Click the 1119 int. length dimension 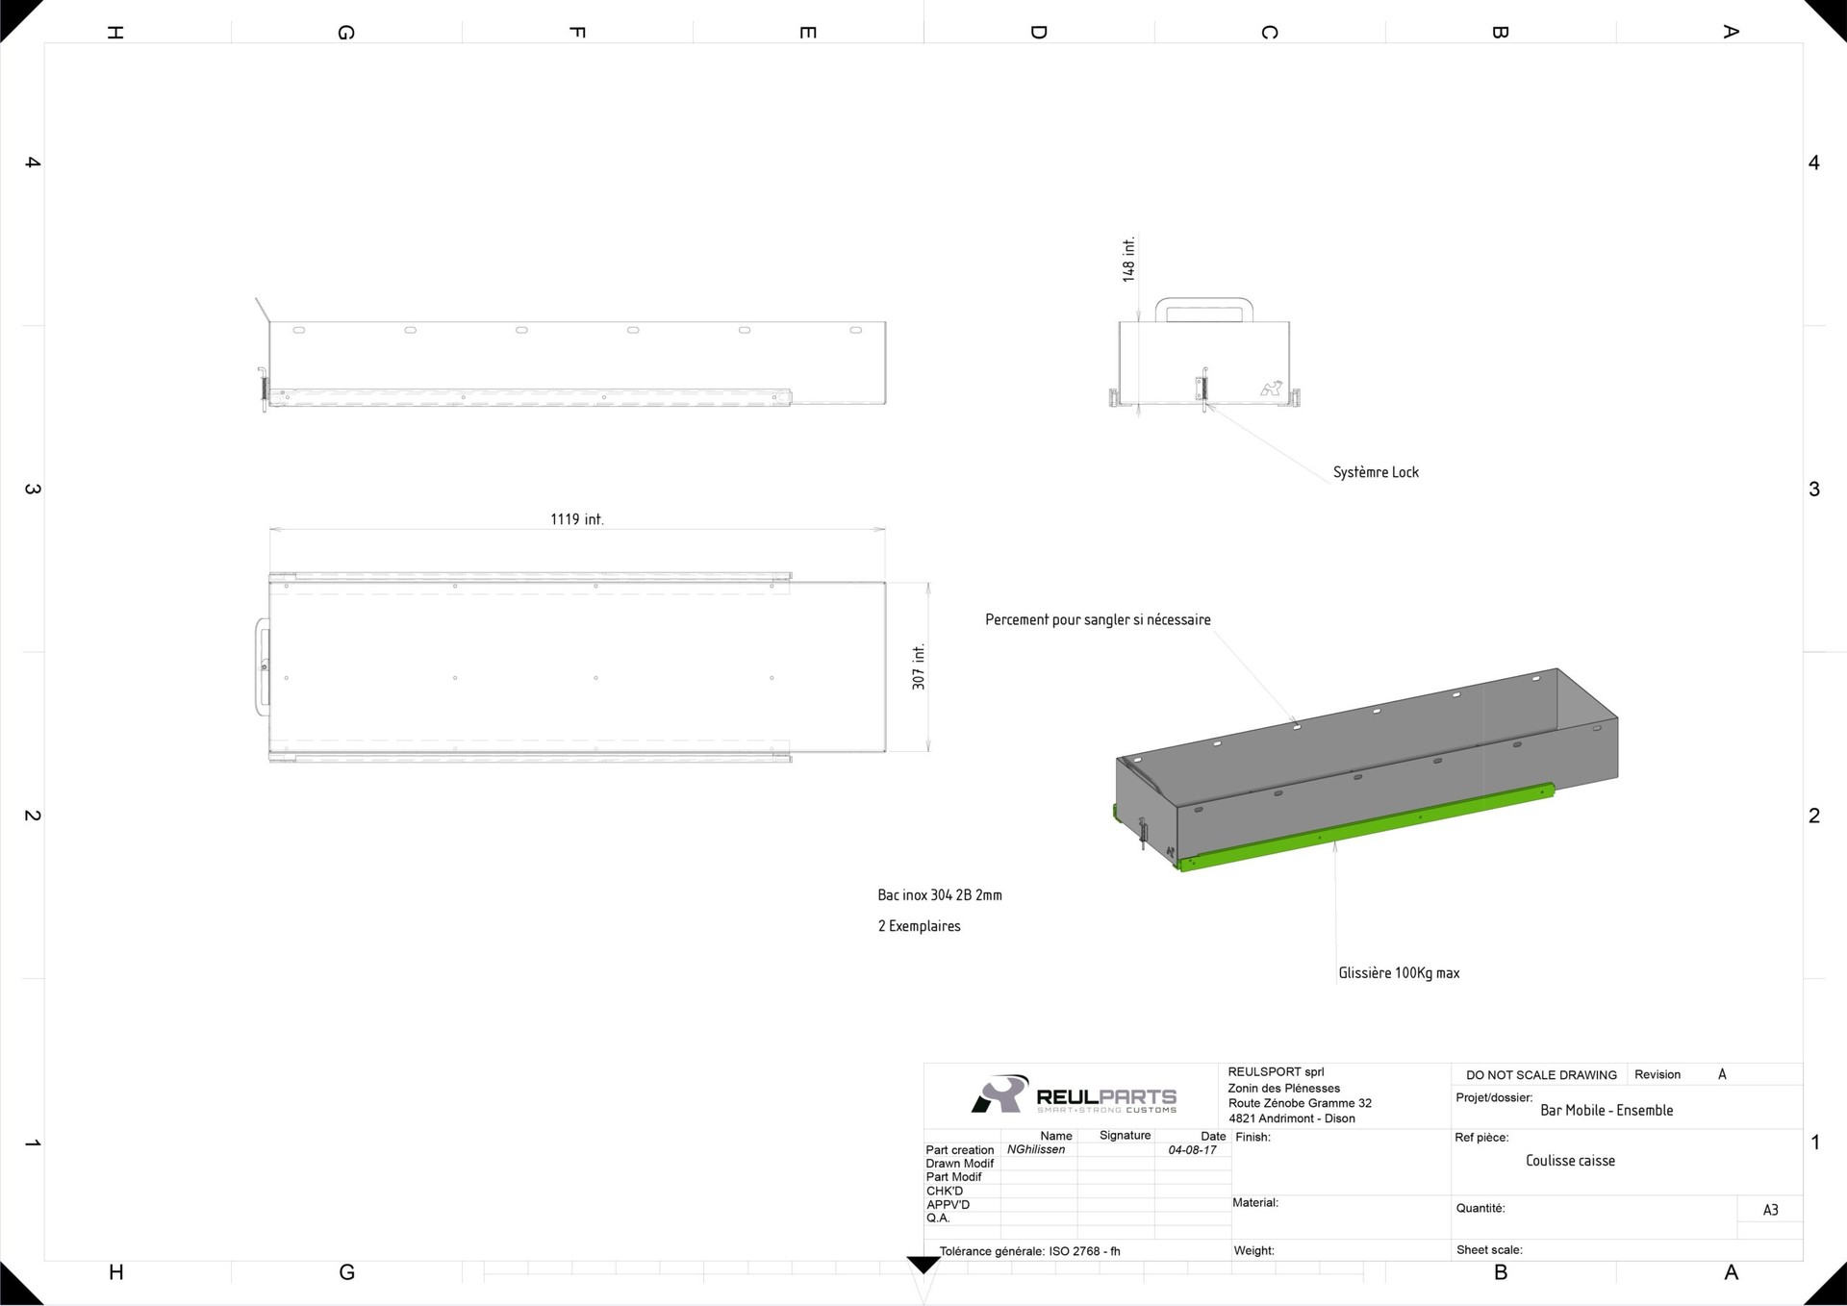point(577,519)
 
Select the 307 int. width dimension point(919,666)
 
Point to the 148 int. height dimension point(1129,259)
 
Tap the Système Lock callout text point(1376,472)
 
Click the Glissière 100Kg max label point(1399,973)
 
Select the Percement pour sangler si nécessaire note point(1098,620)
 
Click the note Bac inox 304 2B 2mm point(940,895)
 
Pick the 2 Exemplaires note point(919,926)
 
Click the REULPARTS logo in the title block point(1074,1095)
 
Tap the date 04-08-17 point(1193,1150)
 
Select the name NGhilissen point(1036,1150)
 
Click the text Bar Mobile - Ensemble point(1607,1111)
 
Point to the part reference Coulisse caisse point(1570,1161)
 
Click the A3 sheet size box point(1770,1210)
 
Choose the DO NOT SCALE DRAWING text point(1541,1075)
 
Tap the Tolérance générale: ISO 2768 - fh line point(1030,1251)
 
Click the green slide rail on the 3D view point(1366,827)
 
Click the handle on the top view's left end point(260,666)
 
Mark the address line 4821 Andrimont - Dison point(1291,1118)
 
